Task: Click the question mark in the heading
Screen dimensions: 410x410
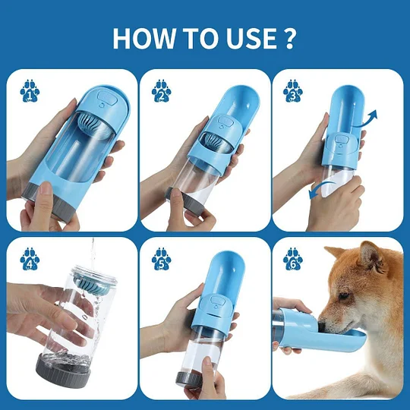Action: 289,38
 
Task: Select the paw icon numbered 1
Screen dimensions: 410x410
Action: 30,91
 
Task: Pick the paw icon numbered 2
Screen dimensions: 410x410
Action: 161,91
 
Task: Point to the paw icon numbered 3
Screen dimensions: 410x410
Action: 293,91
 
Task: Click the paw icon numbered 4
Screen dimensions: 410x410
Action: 30,259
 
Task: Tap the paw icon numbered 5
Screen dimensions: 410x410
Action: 161,259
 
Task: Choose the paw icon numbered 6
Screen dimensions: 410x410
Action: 293,259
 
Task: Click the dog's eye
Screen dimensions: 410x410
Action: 343,295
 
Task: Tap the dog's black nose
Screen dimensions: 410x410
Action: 322,326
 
